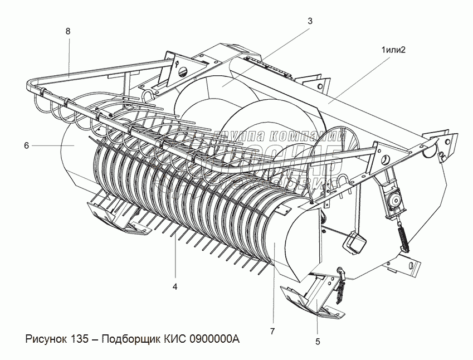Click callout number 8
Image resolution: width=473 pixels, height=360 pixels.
pos(68,32)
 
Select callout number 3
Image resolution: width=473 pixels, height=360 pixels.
pos(310,21)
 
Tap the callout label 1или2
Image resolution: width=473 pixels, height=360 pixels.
pos(393,50)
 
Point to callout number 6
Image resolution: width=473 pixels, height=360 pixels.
pos(26,145)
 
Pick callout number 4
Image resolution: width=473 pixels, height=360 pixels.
pos(175,286)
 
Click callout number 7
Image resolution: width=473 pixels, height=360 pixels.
pos(272,332)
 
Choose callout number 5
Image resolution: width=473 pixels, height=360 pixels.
pos(318,341)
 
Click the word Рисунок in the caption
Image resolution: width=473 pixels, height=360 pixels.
pos(47,339)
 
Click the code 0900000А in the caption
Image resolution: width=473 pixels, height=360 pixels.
pos(214,339)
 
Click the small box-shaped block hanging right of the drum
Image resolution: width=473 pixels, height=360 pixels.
pos(354,241)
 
